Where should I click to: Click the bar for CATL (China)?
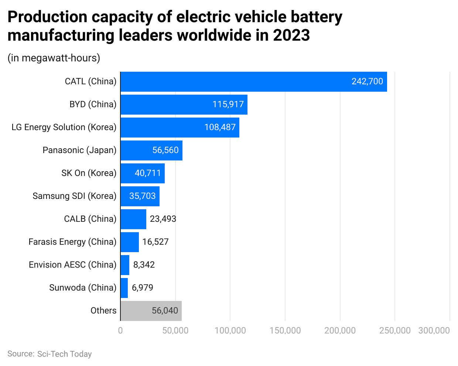tap(253, 82)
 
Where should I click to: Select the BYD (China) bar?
tap(184, 105)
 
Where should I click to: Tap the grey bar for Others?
tap(151, 311)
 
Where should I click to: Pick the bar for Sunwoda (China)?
tap(124, 288)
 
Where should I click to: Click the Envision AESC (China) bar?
tap(125, 265)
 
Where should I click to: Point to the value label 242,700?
tap(367, 82)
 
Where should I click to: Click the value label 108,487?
tap(220, 128)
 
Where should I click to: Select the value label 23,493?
tap(163, 219)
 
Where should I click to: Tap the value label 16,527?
tap(155, 242)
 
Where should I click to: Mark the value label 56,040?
tap(165, 311)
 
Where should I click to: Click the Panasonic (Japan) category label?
tap(79, 150)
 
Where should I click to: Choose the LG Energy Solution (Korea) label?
tap(64, 128)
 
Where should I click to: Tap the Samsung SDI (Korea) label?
tap(74, 196)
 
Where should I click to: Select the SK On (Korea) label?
tap(89, 173)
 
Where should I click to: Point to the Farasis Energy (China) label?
tap(72, 242)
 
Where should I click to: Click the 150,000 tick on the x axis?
tap(285, 331)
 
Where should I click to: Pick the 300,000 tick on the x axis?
tap(434, 331)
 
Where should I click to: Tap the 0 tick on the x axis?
tap(120, 331)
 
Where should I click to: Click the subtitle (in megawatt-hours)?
tap(54, 58)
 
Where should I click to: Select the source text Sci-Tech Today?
tap(64, 354)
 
